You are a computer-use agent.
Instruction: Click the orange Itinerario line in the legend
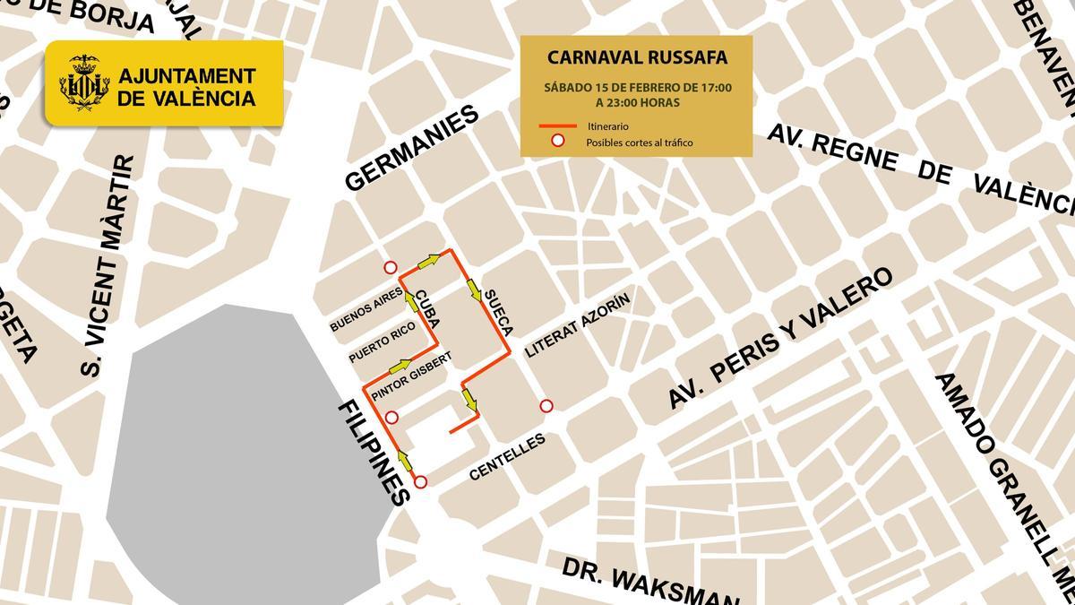tap(557, 126)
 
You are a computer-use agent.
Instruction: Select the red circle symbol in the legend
tap(557, 141)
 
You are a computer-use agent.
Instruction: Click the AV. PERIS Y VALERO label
tap(781, 340)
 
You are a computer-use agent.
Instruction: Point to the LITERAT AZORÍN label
tap(578, 324)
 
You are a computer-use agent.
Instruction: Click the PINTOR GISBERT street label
tap(410, 376)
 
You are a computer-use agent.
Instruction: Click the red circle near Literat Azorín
tap(546, 406)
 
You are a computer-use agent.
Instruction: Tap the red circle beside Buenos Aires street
tap(390, 267)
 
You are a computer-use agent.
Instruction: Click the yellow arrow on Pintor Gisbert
tap(400, 367)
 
